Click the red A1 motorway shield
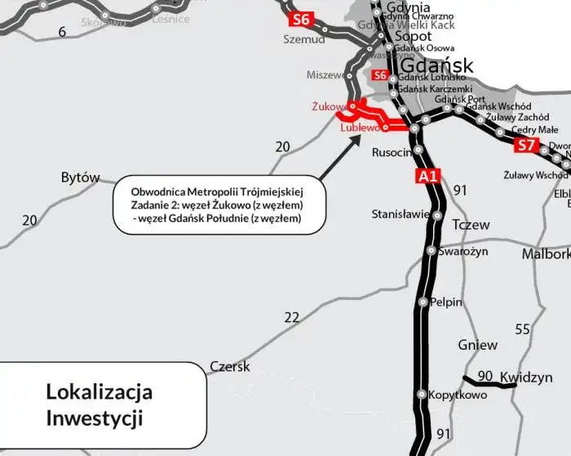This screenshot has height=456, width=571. (x=427, y=175)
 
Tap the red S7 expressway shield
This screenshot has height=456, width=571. (x=527, y=146)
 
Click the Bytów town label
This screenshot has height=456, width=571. (x=80, y=177)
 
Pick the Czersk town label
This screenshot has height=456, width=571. (x=230, y=367)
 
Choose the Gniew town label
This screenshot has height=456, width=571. (x=477, y=345)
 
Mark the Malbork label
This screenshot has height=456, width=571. (x=546, y=254)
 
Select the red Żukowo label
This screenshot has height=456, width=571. (x=329, y=106)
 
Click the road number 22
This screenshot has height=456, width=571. (x=291, y=317)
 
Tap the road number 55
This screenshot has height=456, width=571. (x=522, y=329)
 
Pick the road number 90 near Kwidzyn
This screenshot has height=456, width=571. (x=485, y=376)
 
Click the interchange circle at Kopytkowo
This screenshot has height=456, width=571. (x=422, y=395)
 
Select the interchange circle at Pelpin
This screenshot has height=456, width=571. (x=423, y=302)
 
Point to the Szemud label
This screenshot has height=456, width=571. (x=303, y=38)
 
